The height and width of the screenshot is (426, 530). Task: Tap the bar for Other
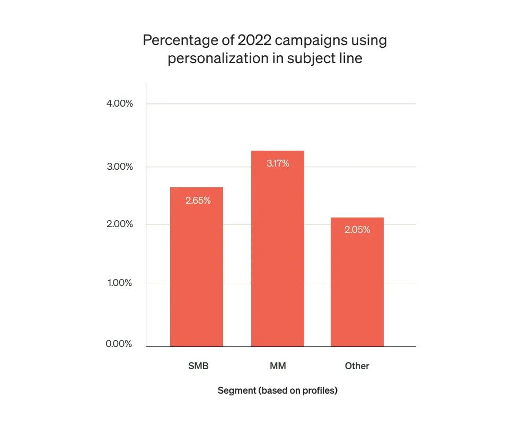pos(357,282)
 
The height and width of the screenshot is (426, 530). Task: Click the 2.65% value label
pos(198,201)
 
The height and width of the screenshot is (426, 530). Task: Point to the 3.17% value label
pos(278,163)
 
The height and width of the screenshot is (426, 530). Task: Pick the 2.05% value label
pos(357,230)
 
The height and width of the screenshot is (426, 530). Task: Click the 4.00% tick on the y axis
pos(119,103)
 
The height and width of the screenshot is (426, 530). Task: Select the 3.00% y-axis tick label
pos(119,167)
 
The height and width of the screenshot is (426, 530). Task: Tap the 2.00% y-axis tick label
pos(119,224)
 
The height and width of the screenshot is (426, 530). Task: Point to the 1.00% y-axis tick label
pos(119,283)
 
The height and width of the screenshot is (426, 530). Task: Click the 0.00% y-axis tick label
pos(119,344)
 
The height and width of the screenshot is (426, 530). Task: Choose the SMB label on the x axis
pos(198,366)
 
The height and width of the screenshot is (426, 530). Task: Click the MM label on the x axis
pos(278,366)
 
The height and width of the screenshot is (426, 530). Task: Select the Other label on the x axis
pos(357,366)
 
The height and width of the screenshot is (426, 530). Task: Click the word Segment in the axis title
pos(236,391)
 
